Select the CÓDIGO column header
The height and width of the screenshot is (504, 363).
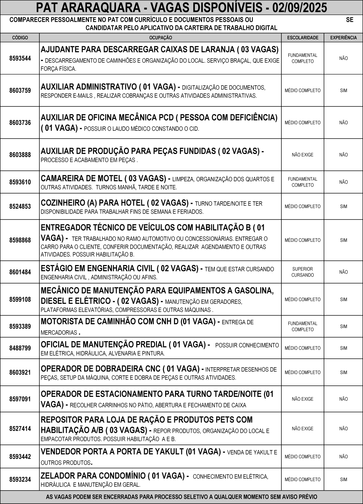[20, 38]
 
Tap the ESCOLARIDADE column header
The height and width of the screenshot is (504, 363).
[303, 38]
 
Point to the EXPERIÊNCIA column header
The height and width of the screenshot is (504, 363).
[344, 38]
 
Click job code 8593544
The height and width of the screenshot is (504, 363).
[20, 58]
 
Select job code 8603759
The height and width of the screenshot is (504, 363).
[20, 91]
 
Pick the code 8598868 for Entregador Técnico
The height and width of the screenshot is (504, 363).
[20, 240]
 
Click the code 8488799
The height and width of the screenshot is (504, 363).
[20, 348]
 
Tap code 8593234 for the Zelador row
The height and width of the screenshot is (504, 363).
[20, 479]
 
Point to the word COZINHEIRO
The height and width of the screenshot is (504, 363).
[63, 203]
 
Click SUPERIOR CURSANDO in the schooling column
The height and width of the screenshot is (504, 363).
[302, 272]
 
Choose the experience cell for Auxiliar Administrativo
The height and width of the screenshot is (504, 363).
[344, 91]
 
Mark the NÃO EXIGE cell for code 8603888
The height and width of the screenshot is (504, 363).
[302, 155]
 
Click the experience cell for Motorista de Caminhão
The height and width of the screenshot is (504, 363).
[344, 326]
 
